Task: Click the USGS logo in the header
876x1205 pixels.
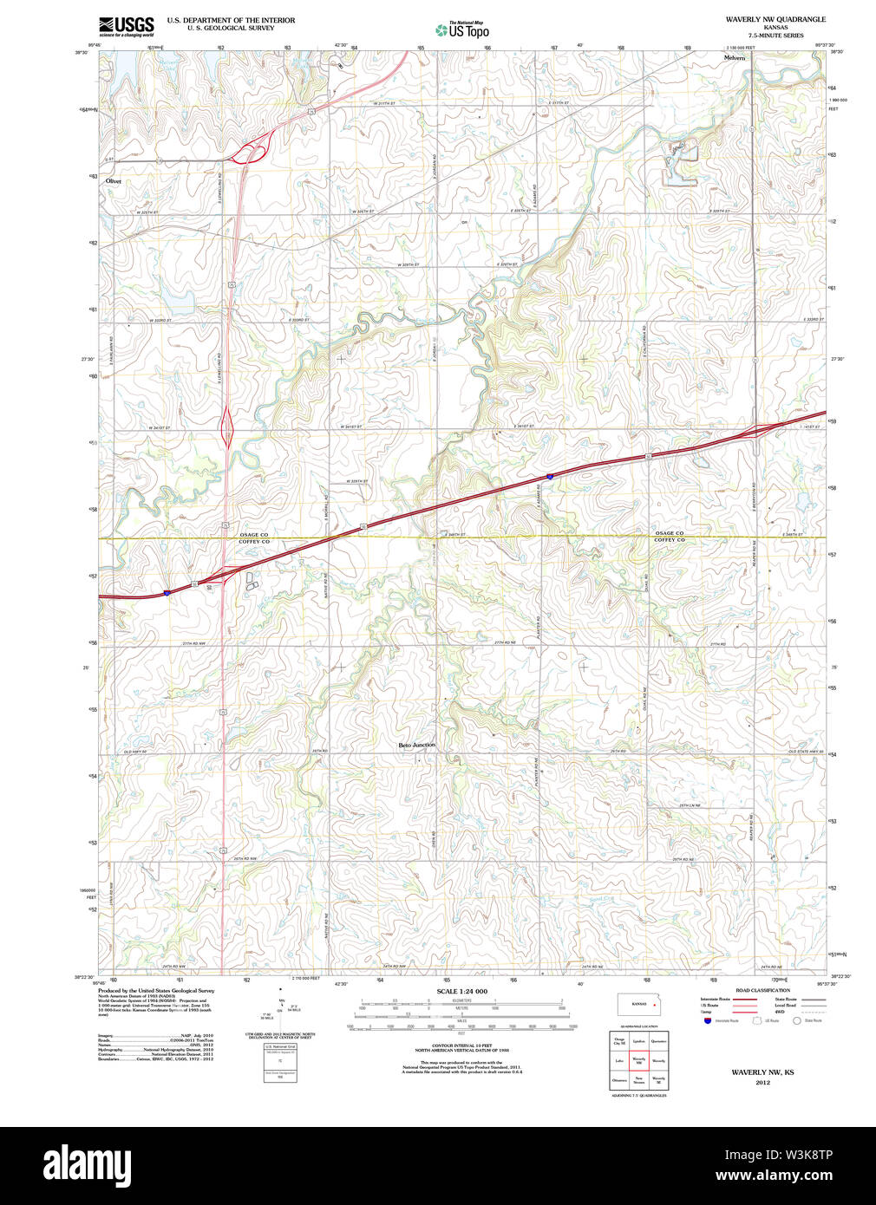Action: [x=127, y=25]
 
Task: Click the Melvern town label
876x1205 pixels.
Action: [x=734, y=58]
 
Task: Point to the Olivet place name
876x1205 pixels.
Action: [x=114, y=181]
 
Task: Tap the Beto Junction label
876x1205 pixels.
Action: [x=416, y=746]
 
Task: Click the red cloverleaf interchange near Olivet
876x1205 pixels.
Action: [x=249, y=153]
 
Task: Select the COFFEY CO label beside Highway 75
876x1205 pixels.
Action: [x=254, y=542]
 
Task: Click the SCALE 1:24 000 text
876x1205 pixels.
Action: [x=461, y=991]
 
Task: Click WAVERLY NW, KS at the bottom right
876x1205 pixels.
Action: [x=762, y=1072]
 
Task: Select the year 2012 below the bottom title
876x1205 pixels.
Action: [x=762, y=1082]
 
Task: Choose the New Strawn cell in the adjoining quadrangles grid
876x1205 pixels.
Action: [x=638, y=1080]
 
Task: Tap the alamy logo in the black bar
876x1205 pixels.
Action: [x=87, y=1164]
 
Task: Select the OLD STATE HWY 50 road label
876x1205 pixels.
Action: [x=805, y=751]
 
